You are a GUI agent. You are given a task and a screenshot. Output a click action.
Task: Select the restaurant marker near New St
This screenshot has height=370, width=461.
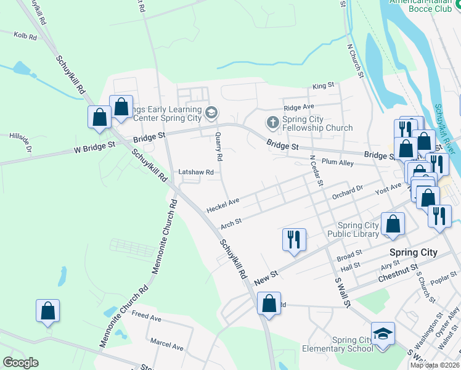coord(294,238)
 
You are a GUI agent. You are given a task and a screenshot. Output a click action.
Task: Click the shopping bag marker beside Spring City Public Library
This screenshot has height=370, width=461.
coord(393,224)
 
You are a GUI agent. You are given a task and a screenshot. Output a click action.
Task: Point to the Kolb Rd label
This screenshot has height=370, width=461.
coord(25,37)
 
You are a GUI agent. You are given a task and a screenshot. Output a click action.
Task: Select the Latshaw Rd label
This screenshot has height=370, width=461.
coord(195,173)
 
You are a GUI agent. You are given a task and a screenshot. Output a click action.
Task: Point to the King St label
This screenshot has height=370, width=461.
coord(323,86)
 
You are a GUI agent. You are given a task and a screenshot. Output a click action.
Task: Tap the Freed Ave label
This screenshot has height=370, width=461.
coord(146,318)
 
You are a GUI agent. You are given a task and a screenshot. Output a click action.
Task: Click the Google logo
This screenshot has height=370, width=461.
coord(20,362)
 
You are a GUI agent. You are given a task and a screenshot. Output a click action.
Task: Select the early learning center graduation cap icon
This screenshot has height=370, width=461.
coord(211,112)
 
